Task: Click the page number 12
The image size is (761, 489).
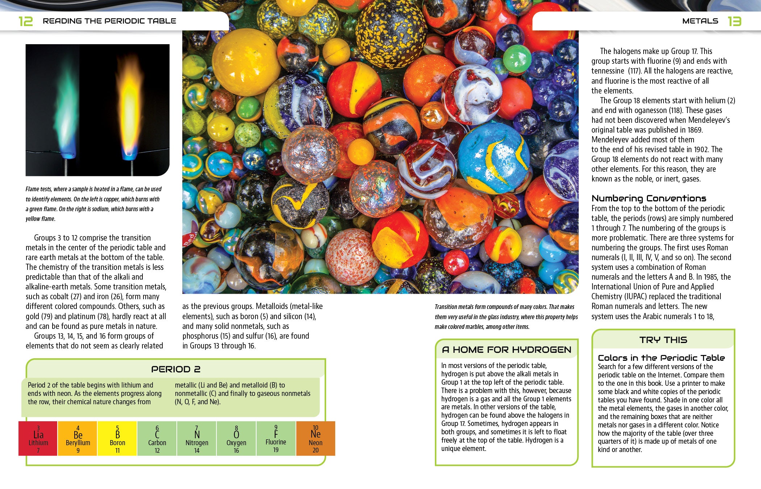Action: click(26, 21)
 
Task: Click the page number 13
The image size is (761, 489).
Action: click(734, 21)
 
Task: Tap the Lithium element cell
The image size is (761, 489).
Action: click(38, 439)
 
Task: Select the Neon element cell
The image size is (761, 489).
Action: click(316, 439)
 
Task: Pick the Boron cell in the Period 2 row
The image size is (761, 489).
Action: click(117, 439)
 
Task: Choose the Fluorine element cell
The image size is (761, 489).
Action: click(276, 439)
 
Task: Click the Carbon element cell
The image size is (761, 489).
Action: click(157, 439)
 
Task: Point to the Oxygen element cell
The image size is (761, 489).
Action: click(236, 439)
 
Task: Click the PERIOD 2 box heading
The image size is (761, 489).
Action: click(176, 369)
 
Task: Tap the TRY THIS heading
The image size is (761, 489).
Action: click(663, 340)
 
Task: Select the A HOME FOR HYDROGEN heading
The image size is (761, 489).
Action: click(507, 350)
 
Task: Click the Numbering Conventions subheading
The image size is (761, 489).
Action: click(649, 198)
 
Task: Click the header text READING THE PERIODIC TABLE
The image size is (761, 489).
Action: click(109, 21)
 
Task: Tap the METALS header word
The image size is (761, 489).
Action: click(700, 21)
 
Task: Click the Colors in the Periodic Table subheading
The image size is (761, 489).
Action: click(661, 358)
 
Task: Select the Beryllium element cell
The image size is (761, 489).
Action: click(78, 439)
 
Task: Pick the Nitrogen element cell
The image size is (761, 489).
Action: click(197, 439)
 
